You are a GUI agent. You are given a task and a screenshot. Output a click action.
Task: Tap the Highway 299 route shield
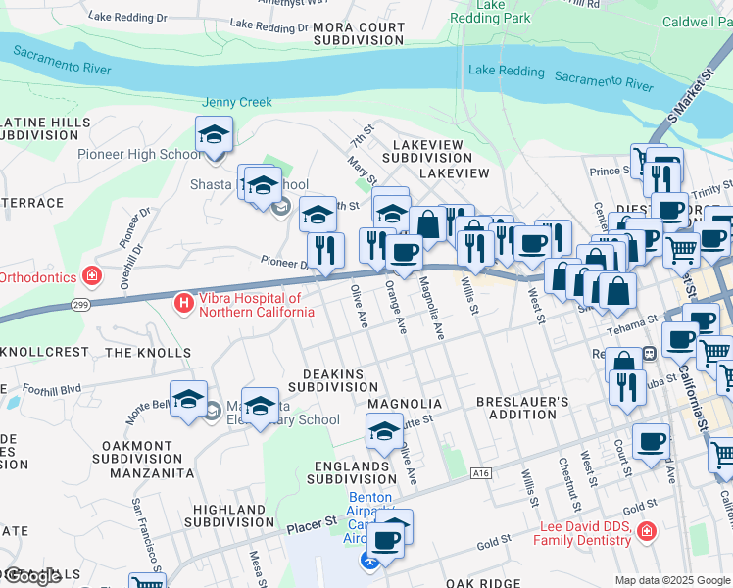point(77,307)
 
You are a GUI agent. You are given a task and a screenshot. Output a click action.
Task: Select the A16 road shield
point(479,472)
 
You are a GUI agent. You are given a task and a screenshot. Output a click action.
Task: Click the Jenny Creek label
point(236,102)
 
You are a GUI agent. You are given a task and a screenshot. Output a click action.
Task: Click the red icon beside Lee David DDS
point(646,533)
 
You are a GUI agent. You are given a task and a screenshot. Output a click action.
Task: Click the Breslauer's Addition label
point(521,408)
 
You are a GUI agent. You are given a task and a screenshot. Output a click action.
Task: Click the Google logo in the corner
point(31,576)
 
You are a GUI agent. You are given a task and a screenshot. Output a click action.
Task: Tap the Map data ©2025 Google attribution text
point(672,580)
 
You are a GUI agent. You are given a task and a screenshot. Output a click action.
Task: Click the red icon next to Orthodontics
point(92,277)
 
